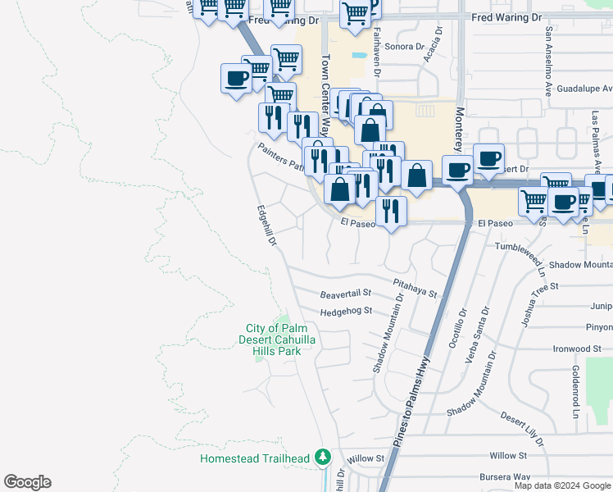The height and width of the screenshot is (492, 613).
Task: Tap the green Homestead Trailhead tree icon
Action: pos(324,457)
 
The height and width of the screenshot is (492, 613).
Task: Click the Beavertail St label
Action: pos(346,293)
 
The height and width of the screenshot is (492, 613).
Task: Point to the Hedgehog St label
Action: pos(347,311)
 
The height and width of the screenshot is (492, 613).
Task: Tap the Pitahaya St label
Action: pos(415,287)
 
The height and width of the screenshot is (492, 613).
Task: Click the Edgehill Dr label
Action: pos(267,226)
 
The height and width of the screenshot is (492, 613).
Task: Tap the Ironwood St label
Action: pos(577,348)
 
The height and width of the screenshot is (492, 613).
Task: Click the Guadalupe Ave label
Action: pos(584,89)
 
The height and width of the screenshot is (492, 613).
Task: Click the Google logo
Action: pos(27,482)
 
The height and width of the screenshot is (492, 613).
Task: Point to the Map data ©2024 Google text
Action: pos(562,485)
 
